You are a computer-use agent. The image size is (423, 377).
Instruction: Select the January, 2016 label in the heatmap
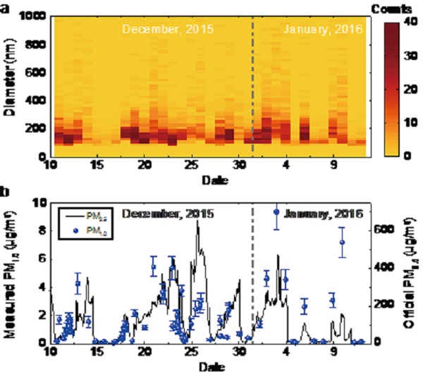coord(322,30)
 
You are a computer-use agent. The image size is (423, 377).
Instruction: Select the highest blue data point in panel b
coord(277,211)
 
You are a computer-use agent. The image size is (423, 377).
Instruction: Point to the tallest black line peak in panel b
coord(197,221)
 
